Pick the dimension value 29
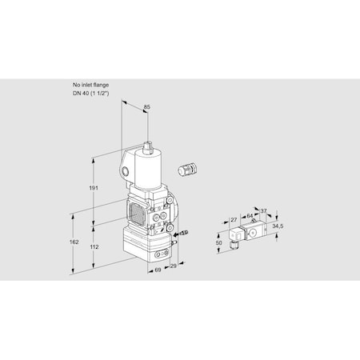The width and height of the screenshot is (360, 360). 173,265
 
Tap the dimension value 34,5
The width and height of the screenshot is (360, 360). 276,228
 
